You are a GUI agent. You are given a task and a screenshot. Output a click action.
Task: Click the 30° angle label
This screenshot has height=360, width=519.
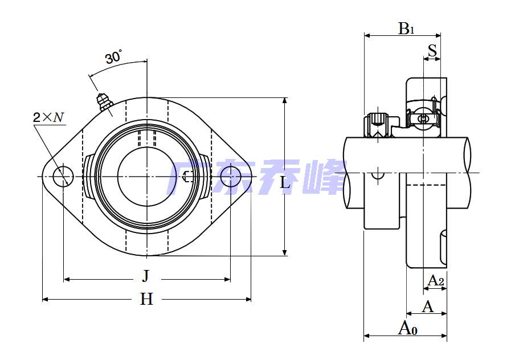click(113, 57)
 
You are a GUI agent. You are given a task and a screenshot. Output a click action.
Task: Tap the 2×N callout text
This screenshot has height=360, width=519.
click(48, 118)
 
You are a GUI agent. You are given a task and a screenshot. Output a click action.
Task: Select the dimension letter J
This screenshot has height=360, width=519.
click(146, 277)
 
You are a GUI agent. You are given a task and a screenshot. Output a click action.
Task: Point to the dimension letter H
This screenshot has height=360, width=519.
click(146, 298)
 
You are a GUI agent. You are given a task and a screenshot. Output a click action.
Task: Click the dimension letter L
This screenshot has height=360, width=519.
click(285, 182)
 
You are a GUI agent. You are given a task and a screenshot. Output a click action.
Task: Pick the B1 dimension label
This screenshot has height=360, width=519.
click(406, 28)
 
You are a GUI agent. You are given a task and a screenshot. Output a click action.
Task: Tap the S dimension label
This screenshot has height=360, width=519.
click(432, 51)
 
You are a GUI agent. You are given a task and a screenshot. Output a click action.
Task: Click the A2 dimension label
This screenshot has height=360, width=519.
click(436, 280)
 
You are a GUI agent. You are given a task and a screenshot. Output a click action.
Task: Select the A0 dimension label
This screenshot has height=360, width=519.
click(408, 328)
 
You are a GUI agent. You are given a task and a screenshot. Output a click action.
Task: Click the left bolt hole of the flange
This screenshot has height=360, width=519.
click(63, 177)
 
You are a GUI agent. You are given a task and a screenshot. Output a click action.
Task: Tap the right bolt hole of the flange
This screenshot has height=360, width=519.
click(230, 177)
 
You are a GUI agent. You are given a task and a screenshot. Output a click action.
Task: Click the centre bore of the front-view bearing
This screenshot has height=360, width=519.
click(146, 177)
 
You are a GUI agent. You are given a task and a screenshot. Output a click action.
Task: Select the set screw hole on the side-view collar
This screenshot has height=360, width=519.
click(377, 174)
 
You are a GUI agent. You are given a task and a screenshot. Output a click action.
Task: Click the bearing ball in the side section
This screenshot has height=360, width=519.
click(423, 118)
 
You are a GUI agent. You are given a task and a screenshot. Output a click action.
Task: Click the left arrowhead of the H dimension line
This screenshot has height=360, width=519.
click(46, 298)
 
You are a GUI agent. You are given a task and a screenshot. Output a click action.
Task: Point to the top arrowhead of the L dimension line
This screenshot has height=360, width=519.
click(285, 100)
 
